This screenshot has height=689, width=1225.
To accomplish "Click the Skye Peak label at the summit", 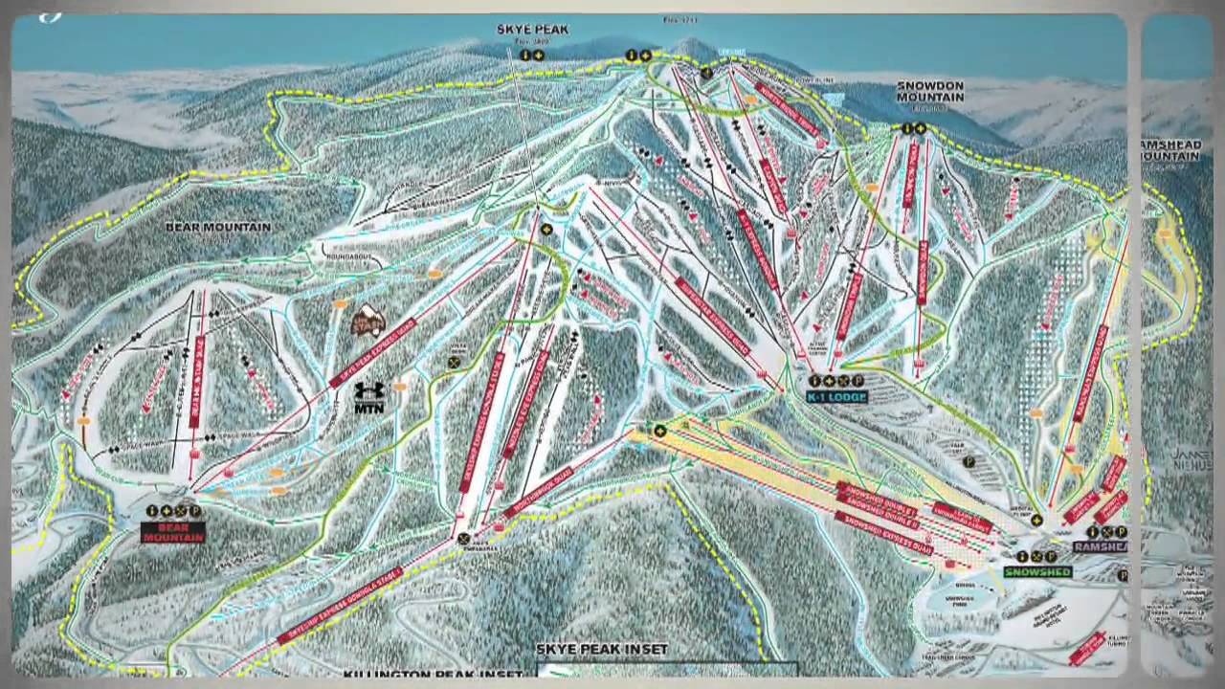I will pyautogui.click(x=532, y=30).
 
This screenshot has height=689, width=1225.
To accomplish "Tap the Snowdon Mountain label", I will pyautogui.click(x=929, y=91).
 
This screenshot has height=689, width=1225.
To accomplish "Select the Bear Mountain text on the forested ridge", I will pyautogui.click(x=218, y=228).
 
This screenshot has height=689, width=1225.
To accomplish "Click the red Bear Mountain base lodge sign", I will pyautogui.click(x=173, y=532).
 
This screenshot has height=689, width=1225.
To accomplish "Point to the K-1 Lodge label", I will pyautogui.click(x=835, y=397).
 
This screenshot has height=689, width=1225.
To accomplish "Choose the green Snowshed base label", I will pyautogui.click(x=1037, y=572).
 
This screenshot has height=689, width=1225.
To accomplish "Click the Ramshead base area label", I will pyautogui.click(x=1100, y=546).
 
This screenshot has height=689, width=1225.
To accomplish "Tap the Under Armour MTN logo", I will pyautogui.click(x=369, y=398).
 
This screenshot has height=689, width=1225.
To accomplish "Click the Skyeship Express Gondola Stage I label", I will pyautogui.click(x=340, y=605).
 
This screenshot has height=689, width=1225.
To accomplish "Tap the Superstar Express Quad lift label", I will pyautogui.click(x=712, y=316).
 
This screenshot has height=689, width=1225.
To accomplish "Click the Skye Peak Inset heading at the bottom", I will pyautogui.click(x=601, y=650).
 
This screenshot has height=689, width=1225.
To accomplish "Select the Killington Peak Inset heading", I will pyautogui.click(x=433, y=675).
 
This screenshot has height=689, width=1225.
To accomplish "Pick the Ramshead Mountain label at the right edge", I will pyautogui.click(x=1169, y=149).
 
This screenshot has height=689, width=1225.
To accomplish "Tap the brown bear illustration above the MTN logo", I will pyautogui.click(x=367, y=321).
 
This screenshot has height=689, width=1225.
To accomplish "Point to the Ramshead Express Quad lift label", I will pyautogui.click(x=1090, y=373).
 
